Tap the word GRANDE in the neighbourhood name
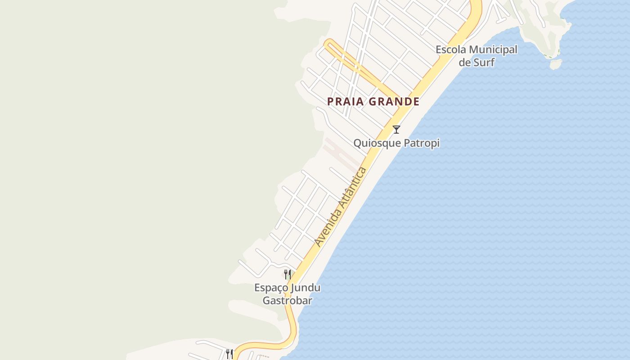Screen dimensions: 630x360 [x=394, y=102]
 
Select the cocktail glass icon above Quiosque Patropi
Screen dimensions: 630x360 [x=396, y=130]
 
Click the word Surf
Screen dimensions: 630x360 [x=483, y=62]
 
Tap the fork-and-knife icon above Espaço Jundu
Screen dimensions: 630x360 [x=288, y=274]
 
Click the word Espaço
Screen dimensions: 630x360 [x=271, y=288]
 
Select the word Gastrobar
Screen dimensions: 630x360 [x=288, y=300]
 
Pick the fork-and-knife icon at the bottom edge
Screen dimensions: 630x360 [x=229, y=354]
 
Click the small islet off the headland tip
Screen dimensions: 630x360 [x=556, y=64]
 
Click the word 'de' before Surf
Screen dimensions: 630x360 [x=464, y=62]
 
